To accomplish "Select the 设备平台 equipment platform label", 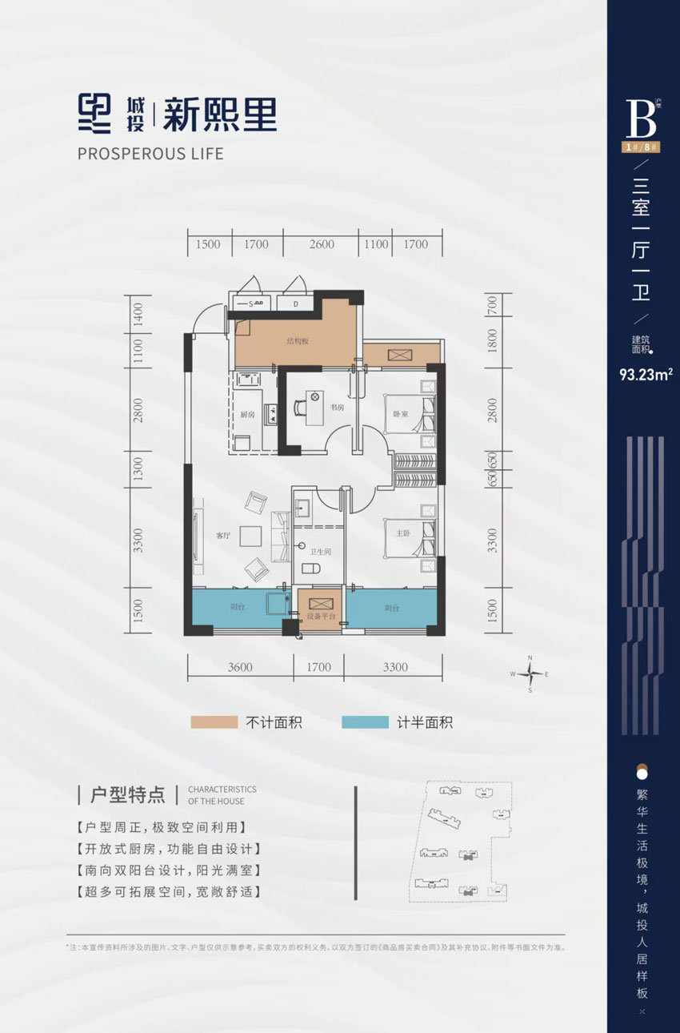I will pyautogui.click(x=318, y=617).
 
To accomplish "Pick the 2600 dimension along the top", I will pyautogui.click(x=321, y=244).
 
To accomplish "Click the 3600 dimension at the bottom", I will pyautogui.click(x=238, y=667).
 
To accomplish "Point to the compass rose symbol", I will pyautogui.click(x=530, y=674).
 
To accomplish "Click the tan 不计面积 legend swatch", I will pyautogui.click(x=214, y=722).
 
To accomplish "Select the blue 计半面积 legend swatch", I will pyautogui.click(x=365, y=722).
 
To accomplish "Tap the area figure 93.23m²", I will pyautogui.click(x=644, y=372).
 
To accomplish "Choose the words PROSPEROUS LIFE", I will pyautogui.click(x=151, y=153).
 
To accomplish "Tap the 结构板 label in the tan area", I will pyautogui.click(x=297, y=340).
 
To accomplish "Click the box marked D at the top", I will pyautogui.click(x=294, y=303).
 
